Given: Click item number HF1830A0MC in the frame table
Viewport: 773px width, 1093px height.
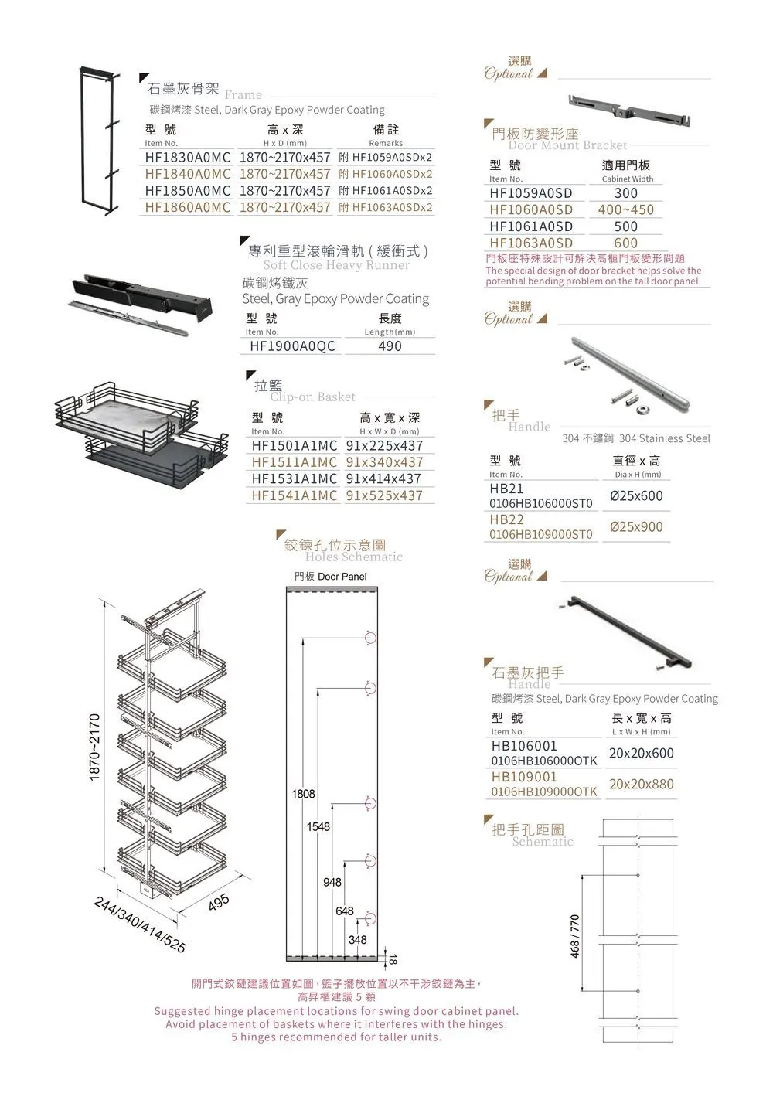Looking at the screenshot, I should point(187,157).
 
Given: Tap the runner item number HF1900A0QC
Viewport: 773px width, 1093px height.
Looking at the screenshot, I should point(292,346).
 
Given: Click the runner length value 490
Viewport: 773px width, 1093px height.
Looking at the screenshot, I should point(390,346).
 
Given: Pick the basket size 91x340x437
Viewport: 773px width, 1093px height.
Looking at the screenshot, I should point(384,462).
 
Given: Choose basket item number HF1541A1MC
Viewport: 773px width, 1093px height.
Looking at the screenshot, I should point(295,495).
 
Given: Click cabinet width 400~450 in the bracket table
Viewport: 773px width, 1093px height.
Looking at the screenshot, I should point(625,209).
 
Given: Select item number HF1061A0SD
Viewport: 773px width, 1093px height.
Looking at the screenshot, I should point(531,226).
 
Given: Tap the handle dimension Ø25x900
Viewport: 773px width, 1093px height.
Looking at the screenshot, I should point(636,527).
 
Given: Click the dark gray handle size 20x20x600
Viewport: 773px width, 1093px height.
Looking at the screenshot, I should point(641,753).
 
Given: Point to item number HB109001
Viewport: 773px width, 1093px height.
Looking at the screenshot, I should point(524,777).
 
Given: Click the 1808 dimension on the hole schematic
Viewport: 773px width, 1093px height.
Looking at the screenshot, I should point(303,794).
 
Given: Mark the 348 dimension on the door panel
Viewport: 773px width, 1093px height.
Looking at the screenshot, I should point(357,940).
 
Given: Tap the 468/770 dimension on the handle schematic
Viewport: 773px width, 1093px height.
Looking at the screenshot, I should point(575,937).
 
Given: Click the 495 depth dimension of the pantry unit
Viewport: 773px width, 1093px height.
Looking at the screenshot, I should point(219,902).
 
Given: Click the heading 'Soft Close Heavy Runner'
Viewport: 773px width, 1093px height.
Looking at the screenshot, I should point(336,265).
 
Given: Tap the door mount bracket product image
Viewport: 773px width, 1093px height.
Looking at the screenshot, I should point(628,110).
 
